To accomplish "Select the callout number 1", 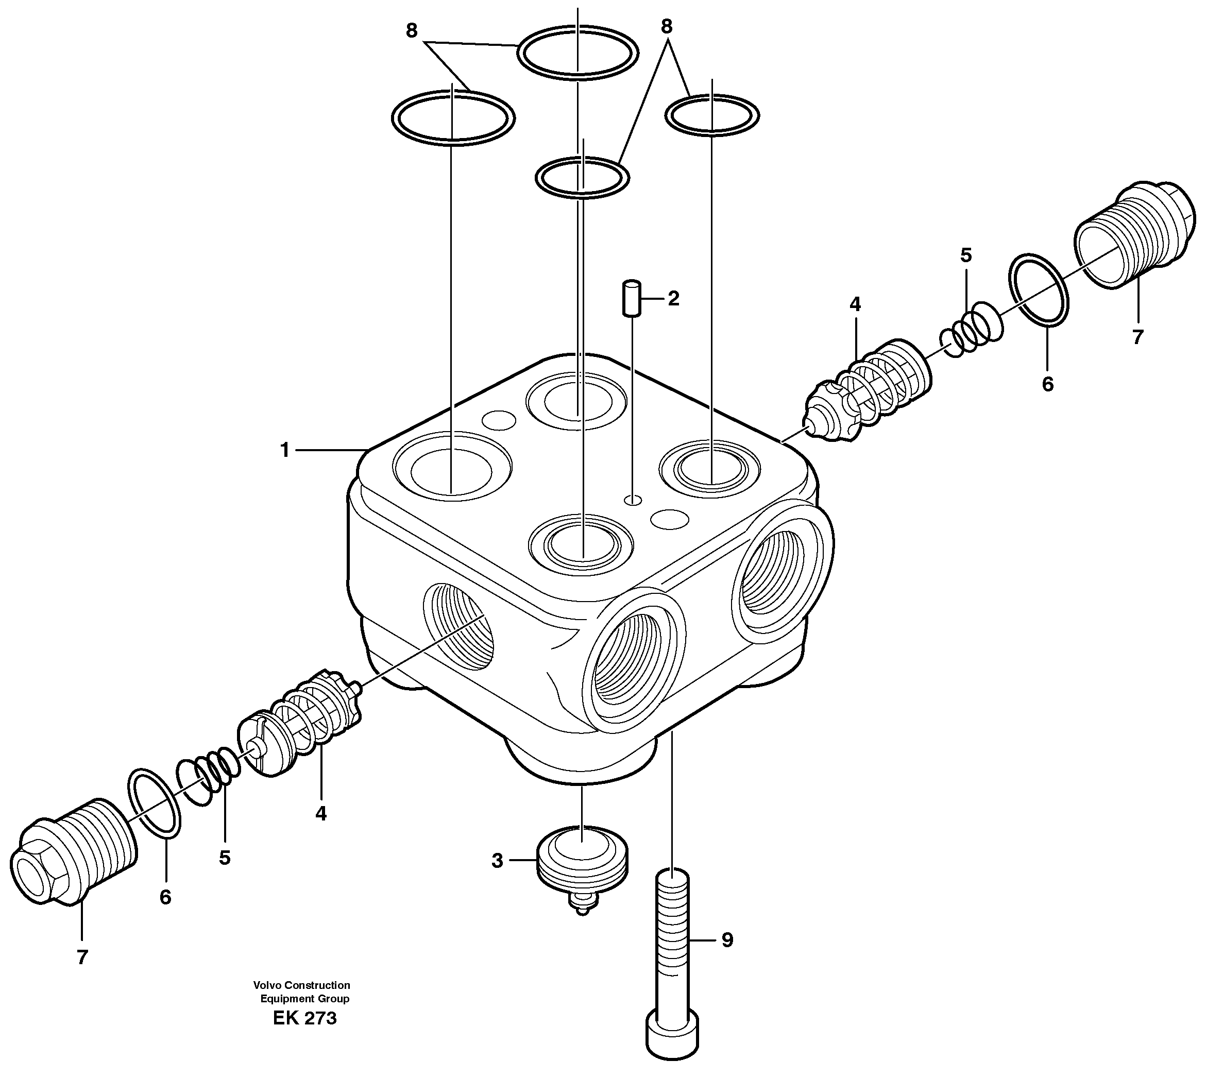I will pyautogui.click(x=285, y=451).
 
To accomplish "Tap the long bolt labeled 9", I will pyautogui.click(x=672, y=948).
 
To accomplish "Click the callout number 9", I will pyautogui.click(x=727, y=940).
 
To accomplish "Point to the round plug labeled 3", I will pyautogui.click(x=582, y=862).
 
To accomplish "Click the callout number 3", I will pyautogui.click(x=497, y=861).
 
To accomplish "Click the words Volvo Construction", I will pyautogui.click(x=301, y=985).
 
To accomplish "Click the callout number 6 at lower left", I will pyautogui.click(x=165, y=897).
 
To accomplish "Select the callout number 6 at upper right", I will pyautogui.click(x=1047, y=384).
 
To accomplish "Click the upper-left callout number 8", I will pyautogui.click(x=412, y=31).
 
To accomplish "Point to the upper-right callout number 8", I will pyautogui.click(x=667, y=27).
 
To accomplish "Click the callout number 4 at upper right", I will pyautogui.click(x=855, y=304).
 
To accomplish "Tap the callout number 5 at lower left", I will pyautogui.click(x=225, y=858).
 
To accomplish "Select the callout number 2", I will pyautogui.click(x=673, y=299).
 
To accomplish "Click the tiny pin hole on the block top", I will pyautogui.click(x=633, y=501).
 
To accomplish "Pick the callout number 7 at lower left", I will pyautogui.click(x=82, y=957).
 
